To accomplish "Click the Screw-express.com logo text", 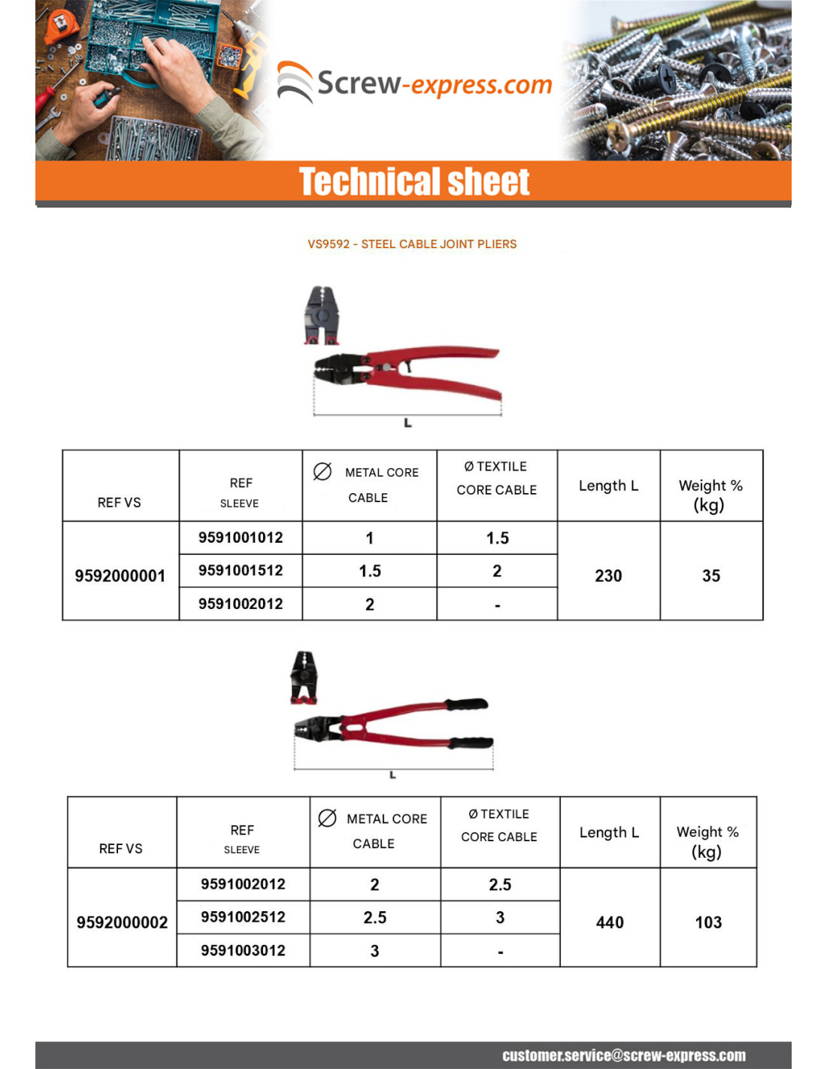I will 435,83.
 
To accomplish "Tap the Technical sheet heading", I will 414,182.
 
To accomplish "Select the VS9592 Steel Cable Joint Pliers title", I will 412,244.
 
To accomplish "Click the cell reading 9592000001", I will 120,576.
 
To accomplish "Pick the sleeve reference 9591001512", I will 241,571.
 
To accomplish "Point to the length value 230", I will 608,576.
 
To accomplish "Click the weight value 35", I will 711,576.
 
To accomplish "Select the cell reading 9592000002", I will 122,922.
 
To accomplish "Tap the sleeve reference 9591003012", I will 243,950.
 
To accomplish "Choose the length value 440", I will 610,922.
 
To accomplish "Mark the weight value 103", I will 708,922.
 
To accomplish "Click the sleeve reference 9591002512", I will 243,917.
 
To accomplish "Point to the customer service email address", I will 624,1055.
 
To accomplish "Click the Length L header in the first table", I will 608,486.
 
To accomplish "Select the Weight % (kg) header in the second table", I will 707,841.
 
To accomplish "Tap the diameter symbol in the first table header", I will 323,471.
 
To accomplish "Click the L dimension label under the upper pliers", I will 407,423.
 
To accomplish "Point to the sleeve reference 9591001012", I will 241,538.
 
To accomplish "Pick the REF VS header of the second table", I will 121,848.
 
